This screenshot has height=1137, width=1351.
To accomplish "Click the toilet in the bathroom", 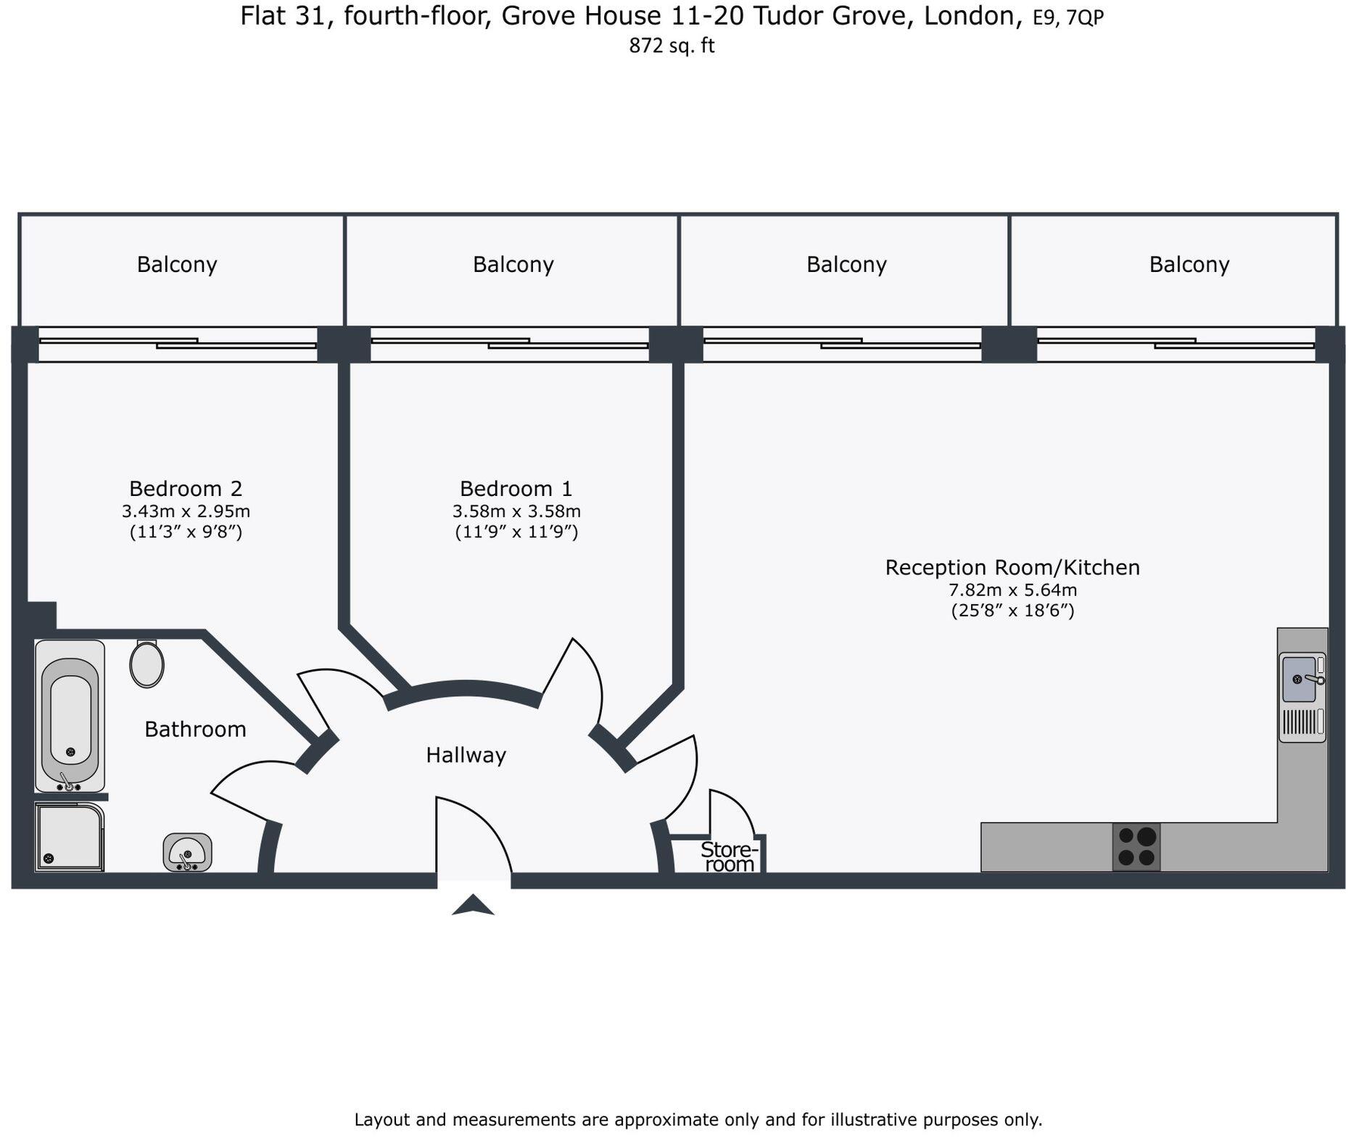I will pyautogui.click(x=146, y=663).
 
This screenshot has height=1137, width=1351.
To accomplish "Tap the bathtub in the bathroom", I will pyautogui.click(x=70, y=716).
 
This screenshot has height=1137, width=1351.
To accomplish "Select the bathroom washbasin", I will pyautogui.click(x=187, y=852).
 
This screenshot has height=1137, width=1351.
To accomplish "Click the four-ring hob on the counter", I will pyautogui.click(x=1136, y=847).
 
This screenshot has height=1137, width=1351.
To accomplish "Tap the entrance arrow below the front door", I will pyautogui.click(x=473, y=905).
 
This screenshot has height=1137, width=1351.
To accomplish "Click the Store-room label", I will pyautogui.click(x=730, y=856).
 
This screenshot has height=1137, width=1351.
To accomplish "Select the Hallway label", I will pyautogui.click(x=466, y=756).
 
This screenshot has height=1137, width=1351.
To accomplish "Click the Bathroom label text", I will pyautogui.click(x=195, y=729).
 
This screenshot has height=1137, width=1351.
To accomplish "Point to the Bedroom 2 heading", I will pyautogui.click(x=186, y=488).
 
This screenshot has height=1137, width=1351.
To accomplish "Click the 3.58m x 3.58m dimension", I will pyautogui.click(x=516, y=511).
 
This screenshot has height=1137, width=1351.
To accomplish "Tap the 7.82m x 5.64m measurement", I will pyautogui.click(x=1012, y=590).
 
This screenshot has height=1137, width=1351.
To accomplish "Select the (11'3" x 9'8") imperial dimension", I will pyautogui.click(x=186, y=532).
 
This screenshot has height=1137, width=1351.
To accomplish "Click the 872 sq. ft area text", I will pyautogui.click(x=672, y=46).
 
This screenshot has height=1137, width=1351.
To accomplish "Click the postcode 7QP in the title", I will pyautogui.click(x=1085, y=17).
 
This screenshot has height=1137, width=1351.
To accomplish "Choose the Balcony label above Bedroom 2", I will pyautogui.click(x=177, y=265).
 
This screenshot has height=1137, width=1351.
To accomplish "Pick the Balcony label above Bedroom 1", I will pyautogui.click(x=513, y=265).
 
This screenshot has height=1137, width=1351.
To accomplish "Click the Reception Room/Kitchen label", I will pyautogui.click(x=1012, y=567).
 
